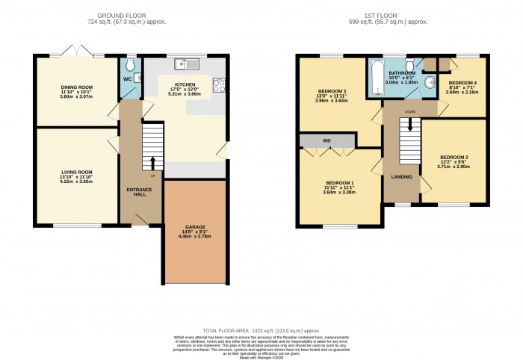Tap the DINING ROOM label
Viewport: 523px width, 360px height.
tap(76, 87)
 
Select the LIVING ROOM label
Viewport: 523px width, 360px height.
tap(76, 171)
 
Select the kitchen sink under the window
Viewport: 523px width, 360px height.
tap(183, 64)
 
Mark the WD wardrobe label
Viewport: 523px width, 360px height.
tap(327, 140)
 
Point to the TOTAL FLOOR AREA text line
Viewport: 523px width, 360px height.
tap(261, 329)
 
